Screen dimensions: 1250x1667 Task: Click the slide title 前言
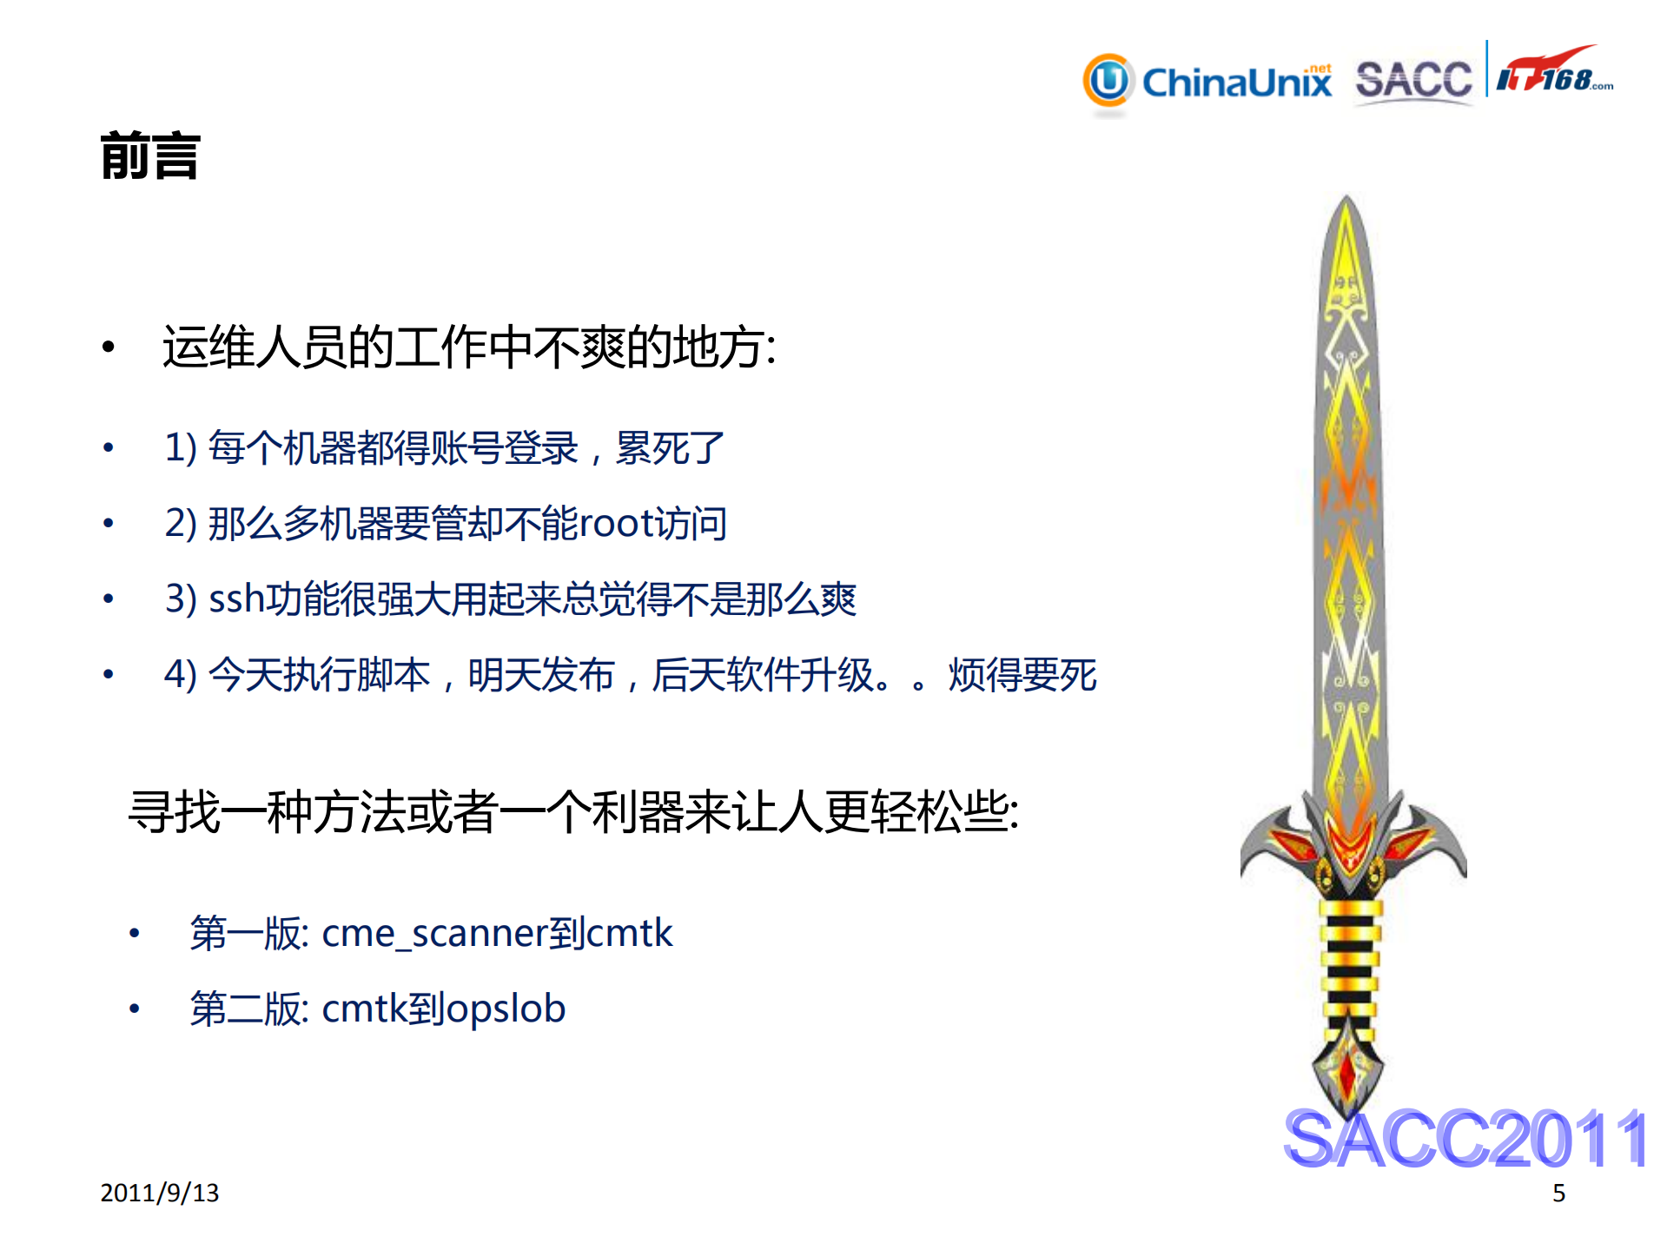150,156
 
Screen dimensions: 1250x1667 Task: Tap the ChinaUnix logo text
1236,83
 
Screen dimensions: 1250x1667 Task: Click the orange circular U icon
1108,82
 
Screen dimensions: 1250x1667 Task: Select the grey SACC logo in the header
1413,81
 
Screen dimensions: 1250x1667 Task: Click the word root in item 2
615,524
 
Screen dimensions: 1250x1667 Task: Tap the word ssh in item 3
236,599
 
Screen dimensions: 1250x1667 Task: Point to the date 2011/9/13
160,1193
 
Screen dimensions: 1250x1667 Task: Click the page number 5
1558,1194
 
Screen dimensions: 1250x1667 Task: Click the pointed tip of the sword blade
1346,202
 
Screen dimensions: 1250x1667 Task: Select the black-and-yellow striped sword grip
1349,956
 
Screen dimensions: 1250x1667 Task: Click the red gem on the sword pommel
1347,1072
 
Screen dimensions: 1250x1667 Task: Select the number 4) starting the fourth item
181,675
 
